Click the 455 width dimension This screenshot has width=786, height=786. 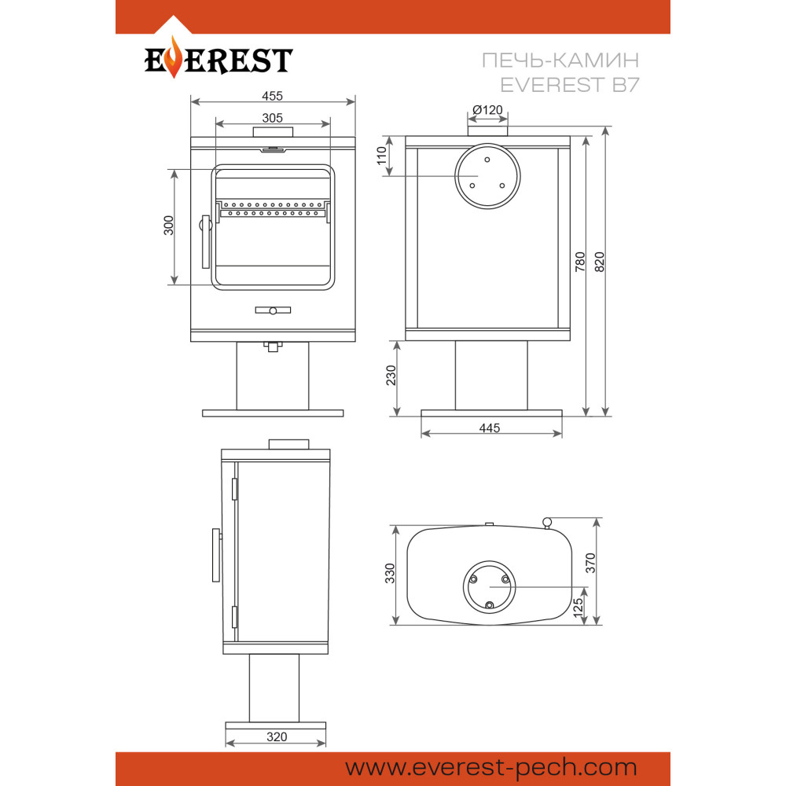click(x=273, y=96)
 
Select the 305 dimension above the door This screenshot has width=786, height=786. click(x=273, y=118)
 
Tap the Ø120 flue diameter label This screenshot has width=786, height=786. click(x=487, y=110)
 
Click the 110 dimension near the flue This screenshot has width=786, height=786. click(x=383, y=156)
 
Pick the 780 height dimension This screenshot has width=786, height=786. click(x=580, y=262)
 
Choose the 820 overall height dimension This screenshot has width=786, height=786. click(x=600, y=262)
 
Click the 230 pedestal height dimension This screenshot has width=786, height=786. click(x=391, y=376)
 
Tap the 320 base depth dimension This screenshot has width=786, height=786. click(x=276, y=737)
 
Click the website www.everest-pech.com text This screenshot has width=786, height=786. click(x=490, y=767)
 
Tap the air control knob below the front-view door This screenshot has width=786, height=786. click(x=273, y=310)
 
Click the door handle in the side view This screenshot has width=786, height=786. click(x=215, y=555)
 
